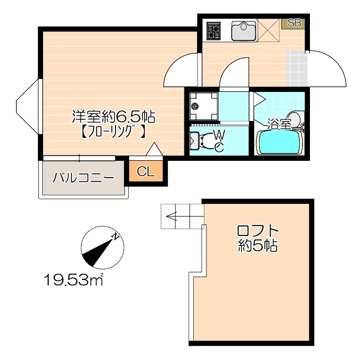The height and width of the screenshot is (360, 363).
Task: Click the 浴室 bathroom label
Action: (x=279, y=125)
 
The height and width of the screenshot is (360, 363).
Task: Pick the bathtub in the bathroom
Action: (x=279, y=142)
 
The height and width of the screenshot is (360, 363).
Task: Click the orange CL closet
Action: (x=146, y=171)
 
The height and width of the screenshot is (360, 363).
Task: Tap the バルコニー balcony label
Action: (x=83, y=178)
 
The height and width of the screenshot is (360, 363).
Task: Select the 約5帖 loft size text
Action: (x=257, y=246)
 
